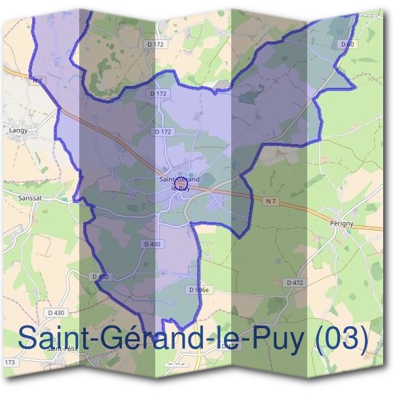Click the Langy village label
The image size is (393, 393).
coord(17,130)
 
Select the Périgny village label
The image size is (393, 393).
coord(343,223)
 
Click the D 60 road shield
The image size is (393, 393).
coord(348,44)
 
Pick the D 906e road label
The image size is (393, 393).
coord(198,290)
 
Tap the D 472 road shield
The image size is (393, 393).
coord(296,282)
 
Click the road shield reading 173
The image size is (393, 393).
coord(9,362)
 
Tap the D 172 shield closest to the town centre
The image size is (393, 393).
coord(164,132)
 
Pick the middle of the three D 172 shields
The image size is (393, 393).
coord(159,94)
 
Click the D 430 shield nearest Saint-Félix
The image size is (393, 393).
coord(58,313)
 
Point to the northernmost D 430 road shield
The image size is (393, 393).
coord(151,244)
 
